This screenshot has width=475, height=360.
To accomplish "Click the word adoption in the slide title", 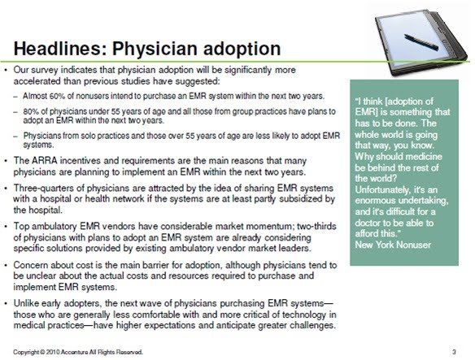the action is coord(242,50).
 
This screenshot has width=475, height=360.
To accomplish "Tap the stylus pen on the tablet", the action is coord(421,42).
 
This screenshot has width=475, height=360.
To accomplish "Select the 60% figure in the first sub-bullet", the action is coord(55,96).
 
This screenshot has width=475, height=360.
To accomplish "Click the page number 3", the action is coord(454,352).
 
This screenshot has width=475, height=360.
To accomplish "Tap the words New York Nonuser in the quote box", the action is coord(393,245).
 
